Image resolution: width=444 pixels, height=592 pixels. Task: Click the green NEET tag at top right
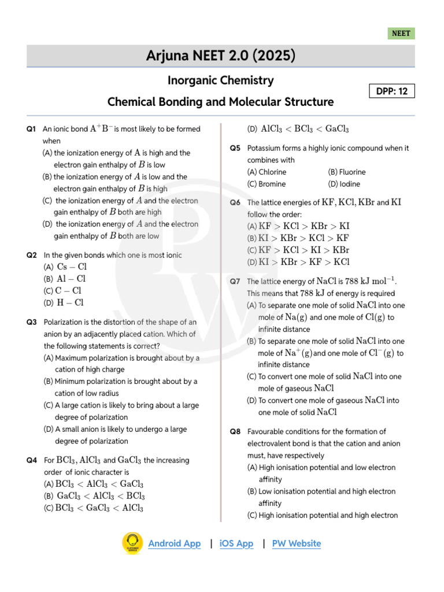401,34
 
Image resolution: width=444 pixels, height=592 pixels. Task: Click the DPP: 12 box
392,91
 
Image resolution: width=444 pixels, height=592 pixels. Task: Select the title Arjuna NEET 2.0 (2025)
221,56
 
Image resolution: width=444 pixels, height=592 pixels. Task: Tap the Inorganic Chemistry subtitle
221,80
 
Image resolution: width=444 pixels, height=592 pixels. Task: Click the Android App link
175,543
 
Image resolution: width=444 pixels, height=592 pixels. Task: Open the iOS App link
236,543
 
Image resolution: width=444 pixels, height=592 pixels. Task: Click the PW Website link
296,543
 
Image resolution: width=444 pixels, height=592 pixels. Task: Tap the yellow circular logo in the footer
132,543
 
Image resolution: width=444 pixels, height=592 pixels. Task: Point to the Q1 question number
31,129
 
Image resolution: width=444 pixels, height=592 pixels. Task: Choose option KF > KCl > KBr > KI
303,226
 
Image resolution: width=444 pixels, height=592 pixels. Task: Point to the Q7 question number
235,282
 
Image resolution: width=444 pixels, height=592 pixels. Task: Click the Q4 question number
31,460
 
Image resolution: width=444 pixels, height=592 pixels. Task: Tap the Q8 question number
235,431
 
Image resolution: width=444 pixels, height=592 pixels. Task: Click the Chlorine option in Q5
267,172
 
